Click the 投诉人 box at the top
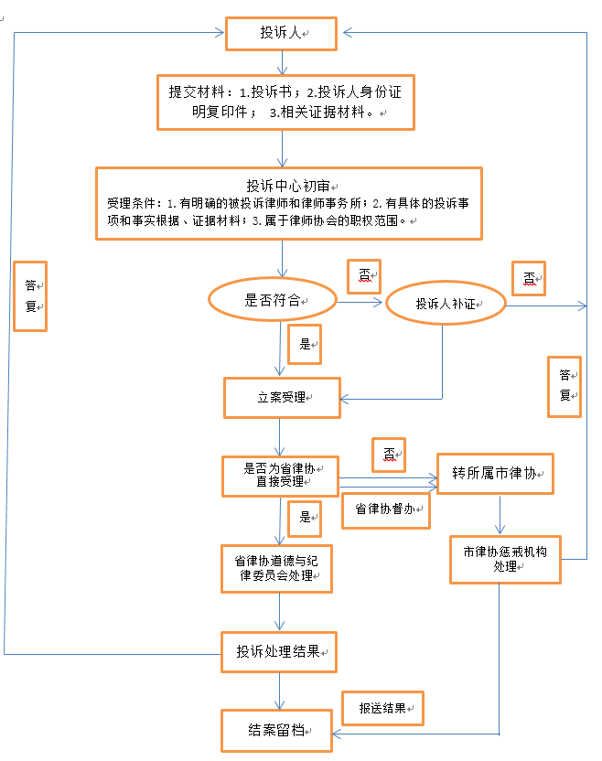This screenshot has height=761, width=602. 283,34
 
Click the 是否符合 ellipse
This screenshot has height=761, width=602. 273,300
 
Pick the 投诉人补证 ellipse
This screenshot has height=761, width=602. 446,304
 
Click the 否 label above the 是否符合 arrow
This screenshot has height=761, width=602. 365,274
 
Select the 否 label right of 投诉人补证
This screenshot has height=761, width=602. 528,278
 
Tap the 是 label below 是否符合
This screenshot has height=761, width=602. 305,344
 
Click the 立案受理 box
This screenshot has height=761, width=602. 282,398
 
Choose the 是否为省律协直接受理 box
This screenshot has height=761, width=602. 280,475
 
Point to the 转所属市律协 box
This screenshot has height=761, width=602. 498,474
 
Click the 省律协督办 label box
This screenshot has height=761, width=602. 385,510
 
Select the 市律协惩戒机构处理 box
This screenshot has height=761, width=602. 504,559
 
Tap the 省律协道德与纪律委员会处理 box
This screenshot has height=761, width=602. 276,568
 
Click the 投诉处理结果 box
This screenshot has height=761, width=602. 279,651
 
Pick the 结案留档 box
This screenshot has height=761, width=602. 276,730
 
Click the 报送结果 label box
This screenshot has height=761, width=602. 383,708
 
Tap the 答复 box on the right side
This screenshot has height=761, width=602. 564,385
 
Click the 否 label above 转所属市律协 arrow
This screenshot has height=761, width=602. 388,454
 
